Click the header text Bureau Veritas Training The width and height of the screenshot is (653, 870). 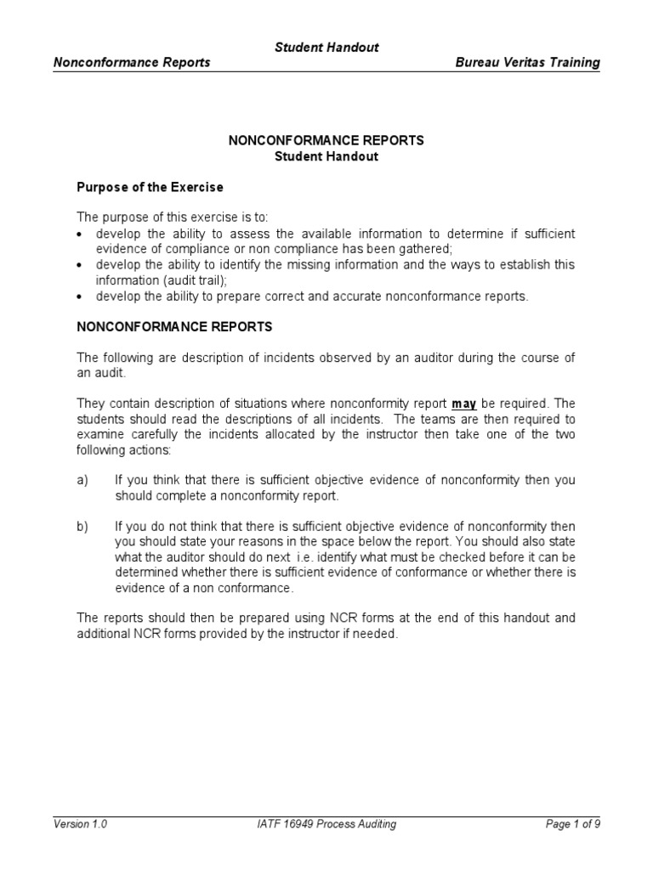click(527, 63)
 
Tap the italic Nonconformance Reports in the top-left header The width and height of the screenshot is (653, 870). click(132, 63)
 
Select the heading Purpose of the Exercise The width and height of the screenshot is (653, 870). click(150, 187)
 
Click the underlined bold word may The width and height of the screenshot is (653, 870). click(463, 404)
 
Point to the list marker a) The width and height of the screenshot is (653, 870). click(82, 480)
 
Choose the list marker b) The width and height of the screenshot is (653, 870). click(82, 527)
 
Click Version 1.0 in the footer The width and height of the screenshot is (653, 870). click(80, 824)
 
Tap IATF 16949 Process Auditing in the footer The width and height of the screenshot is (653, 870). click(326, 824)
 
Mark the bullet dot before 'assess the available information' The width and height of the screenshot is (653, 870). click(80, 234)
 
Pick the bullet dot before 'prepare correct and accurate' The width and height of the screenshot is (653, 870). click(80, 296)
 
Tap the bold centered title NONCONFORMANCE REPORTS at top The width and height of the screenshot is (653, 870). click(326, 141)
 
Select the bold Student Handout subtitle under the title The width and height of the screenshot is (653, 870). click(326, 156)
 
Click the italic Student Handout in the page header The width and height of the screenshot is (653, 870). click(326, 48)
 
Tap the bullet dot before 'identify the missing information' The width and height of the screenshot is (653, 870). click(80, 264)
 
